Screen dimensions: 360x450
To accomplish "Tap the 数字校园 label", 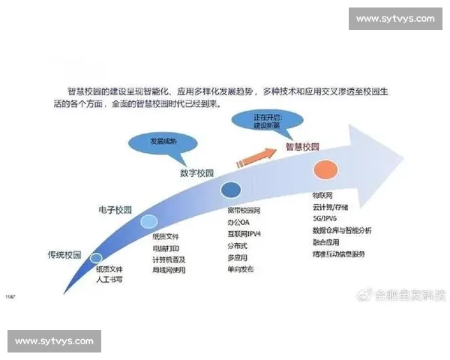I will (197, 172).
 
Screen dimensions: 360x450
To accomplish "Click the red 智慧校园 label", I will (303, 147).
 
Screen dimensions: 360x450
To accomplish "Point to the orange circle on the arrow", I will (325, 169).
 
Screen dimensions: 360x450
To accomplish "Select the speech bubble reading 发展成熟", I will (154, 142).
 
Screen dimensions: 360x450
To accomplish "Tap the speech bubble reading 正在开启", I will (260, 120).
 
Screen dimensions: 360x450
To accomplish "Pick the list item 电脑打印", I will (166, 247).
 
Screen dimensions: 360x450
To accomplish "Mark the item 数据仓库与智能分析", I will (342, 230).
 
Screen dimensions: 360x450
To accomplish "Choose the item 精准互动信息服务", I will (339, 254).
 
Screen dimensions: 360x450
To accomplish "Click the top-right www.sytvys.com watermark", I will (394, 18).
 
